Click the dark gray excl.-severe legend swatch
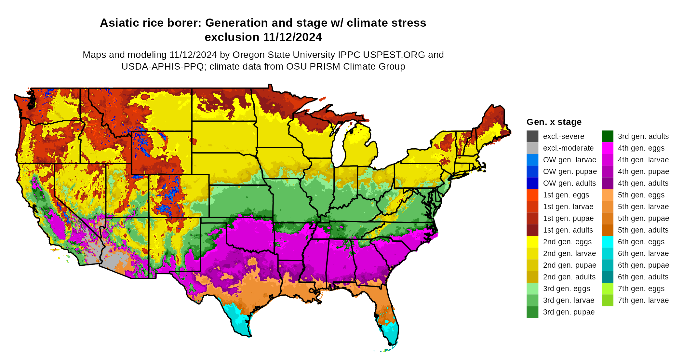coord(532,136)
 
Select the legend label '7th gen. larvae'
coord(643,300)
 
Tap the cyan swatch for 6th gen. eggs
coord(607,242)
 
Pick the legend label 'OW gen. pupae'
coord(570,171)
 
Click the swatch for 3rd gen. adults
coord(607,136)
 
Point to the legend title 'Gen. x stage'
coord(554,122)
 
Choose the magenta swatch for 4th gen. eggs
coord(607,148)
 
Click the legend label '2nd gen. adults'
coord(569,277)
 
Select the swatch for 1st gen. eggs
coord(532,195)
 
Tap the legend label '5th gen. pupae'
coord(643,218)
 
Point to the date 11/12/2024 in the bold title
coord(292,37)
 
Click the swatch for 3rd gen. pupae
coord(532,312)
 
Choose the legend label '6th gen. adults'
coord(643,277)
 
